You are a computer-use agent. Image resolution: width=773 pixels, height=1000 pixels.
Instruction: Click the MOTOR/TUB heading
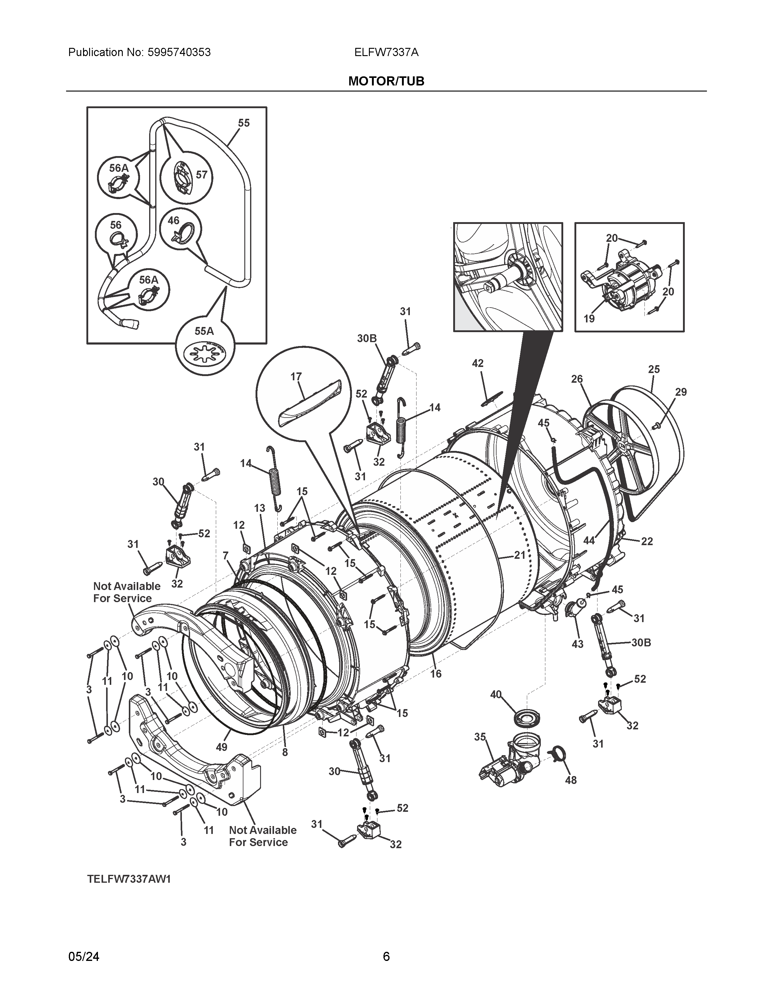pyautogui.click(x=386, y=81)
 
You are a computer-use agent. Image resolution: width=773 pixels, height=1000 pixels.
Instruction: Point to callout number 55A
pyautogui.click(x=204, y=331)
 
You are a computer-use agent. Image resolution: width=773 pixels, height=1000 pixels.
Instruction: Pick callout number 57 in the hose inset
pyautogui.click(x=202, y=175)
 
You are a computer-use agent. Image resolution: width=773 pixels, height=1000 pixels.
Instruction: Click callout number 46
pyautogui.click(x=173, y=220)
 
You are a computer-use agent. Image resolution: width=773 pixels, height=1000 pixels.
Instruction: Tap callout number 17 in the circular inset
pyautogui.click(x=296, y=376)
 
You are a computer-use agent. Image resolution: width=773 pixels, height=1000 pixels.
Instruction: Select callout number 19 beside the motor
pyautogui.click(x=589, y=318)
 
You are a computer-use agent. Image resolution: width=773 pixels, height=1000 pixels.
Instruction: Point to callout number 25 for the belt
pyautogui.click(x=654, y=369)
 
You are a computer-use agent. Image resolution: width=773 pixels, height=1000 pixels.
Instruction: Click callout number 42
pyautogui.click(x=478, y=363)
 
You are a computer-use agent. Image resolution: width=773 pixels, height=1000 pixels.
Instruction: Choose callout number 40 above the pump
pyautogui.click(x=496, y=695)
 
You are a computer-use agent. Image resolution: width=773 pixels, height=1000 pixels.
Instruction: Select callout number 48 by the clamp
pyautogui.click(x=571, y=780)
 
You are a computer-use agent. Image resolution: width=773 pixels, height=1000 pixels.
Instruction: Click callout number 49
pyautogui.click(x=222, y=747)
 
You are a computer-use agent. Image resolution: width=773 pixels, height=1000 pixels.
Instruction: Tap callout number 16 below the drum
pyautogui.click(x=436, y=674)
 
